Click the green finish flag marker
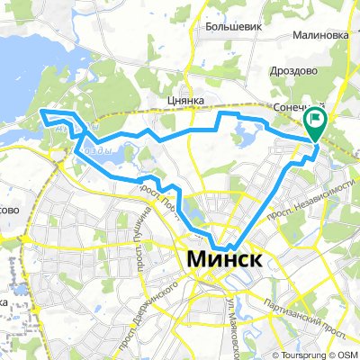pos(317,118)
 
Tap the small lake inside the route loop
pos(243,135)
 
